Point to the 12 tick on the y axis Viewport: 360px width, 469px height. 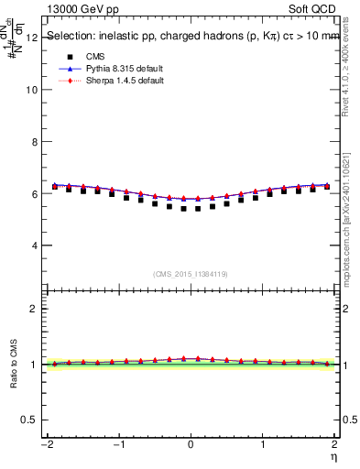(x=32, y=38)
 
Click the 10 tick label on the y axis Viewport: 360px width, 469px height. (x=32, y=90)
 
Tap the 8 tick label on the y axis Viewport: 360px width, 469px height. (x=34, y=142)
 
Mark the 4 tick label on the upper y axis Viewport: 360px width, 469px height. (x=34, y=245)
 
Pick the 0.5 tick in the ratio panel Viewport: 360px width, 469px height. (x=29, y=420)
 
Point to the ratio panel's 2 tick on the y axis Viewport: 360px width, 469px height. (x=34, y=309)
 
